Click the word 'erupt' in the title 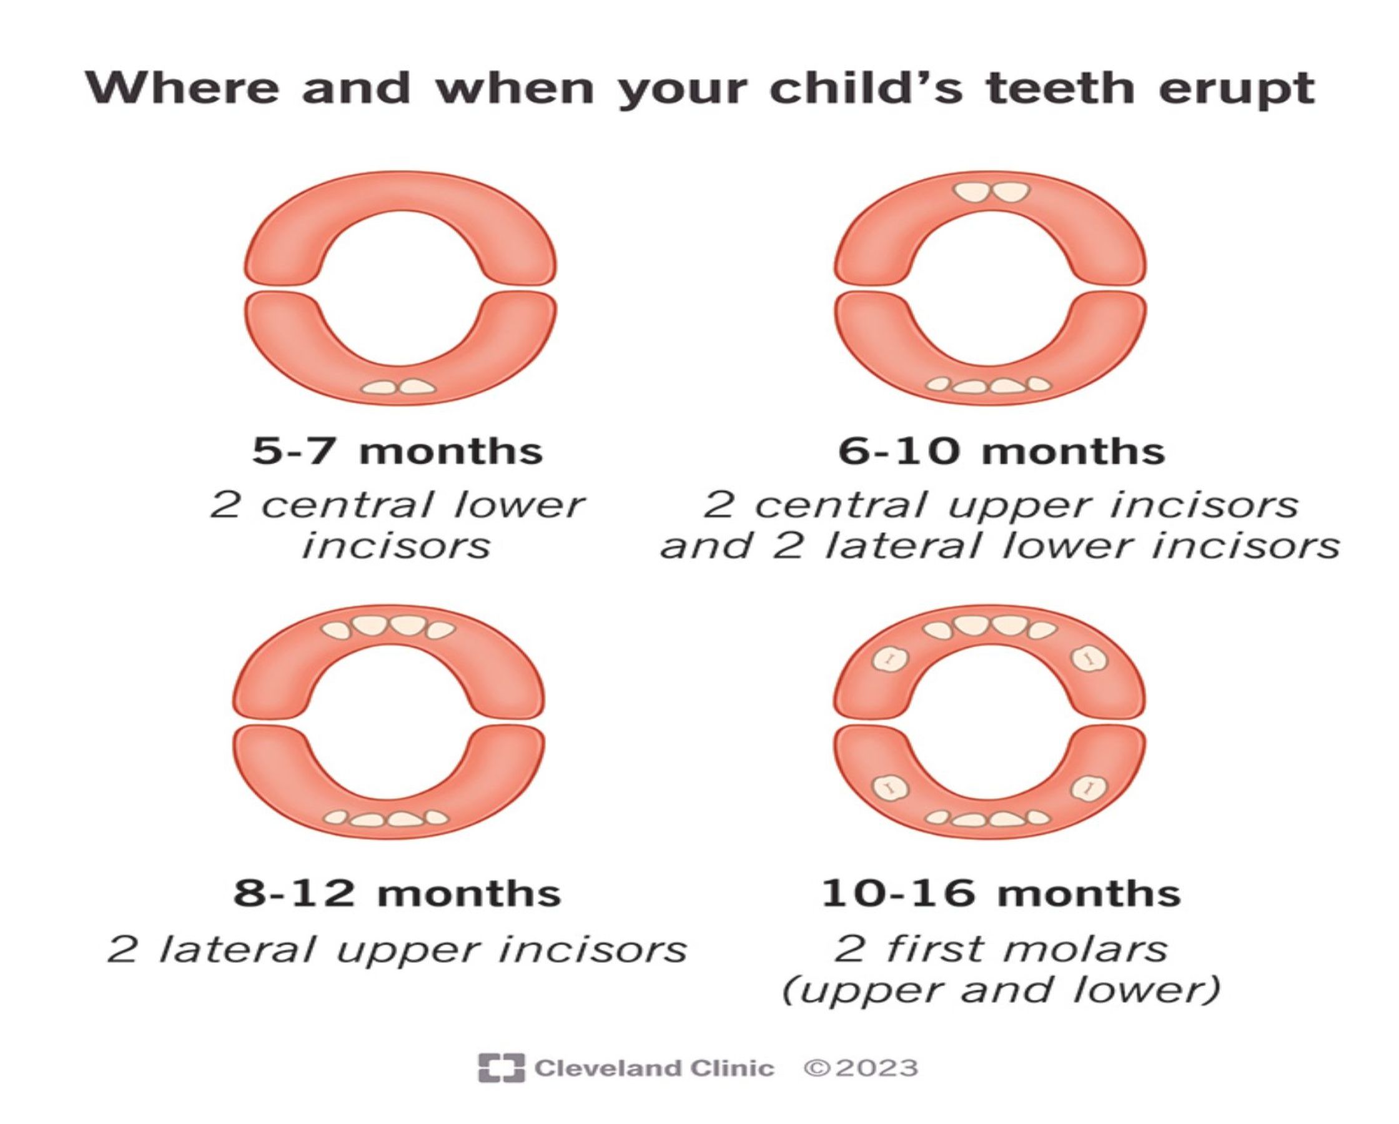[1236, 90]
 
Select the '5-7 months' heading [397, 451]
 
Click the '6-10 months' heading [1001, 451]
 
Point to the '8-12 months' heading [397, 894]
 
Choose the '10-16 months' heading [1001, 894]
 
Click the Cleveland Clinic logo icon [501, 1068]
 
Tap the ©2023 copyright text [861, 1068]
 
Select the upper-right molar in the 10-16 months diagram [1089, 659]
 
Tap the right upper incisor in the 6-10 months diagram [1011, 192]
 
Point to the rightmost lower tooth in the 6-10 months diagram [1039, 384]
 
